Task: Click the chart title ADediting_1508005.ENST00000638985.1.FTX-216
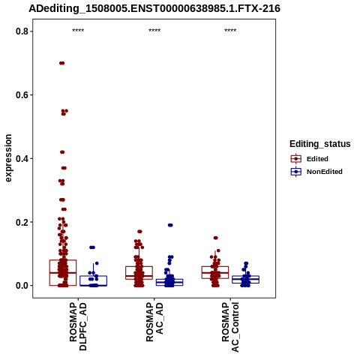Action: [154, 8]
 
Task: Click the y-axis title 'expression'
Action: [8, 158]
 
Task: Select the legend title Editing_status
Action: [320, 144]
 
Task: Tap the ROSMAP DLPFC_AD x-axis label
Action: [78, 326]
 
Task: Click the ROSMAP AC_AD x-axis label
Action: [154, 322]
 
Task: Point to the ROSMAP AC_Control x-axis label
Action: [230, 327]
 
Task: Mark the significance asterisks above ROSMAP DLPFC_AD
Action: [78, 31]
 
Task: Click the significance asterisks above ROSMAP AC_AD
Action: [154, 31]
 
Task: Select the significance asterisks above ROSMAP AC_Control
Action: [230, 31]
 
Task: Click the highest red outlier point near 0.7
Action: [62, 63]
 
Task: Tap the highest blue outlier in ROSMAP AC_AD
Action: [170, 225]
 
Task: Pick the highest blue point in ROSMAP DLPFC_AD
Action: [92, 247]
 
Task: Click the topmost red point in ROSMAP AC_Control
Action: [215, 238]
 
